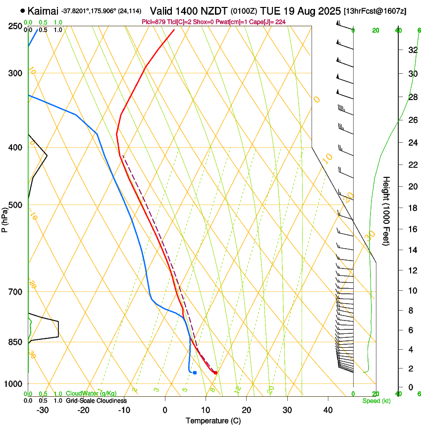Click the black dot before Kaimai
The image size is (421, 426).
[23, 10]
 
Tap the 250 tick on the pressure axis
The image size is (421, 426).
[14, 26]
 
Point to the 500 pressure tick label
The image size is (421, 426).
[14, 205]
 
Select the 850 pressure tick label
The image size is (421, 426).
[14, 342]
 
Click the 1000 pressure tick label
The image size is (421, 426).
[12, 384]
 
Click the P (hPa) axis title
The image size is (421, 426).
[4, 218]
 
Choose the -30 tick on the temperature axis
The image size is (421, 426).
[43, 410]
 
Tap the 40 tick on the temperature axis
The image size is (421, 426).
[328, 410]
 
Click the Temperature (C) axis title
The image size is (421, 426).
[213, 421]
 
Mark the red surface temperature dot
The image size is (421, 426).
[215, 373]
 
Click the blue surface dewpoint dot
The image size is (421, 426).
[195, 373]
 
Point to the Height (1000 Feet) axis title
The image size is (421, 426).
[386, 211]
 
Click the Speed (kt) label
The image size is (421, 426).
[376, 401]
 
